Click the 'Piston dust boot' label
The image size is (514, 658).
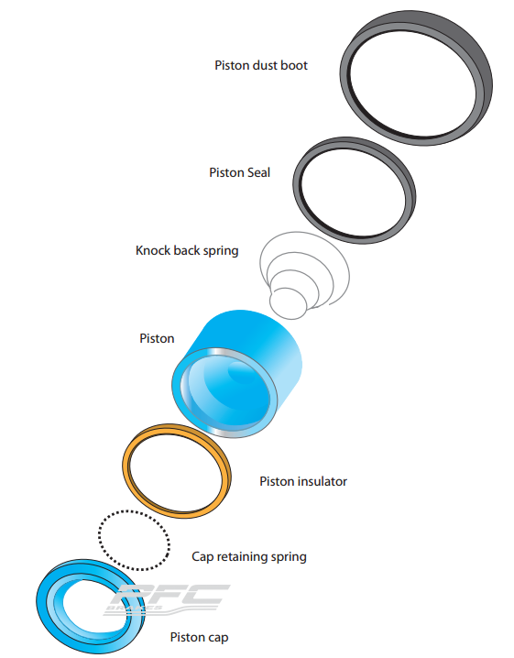[261, 65]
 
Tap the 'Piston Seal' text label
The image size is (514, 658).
[239, 172]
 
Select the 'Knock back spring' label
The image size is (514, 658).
[187, 250]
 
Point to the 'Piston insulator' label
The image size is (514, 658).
[303, 481]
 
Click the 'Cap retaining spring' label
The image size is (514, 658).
[248, 556]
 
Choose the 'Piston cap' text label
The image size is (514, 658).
[199, 637]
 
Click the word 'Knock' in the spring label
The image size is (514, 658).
[154, 250]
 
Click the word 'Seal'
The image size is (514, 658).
[258, 172]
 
